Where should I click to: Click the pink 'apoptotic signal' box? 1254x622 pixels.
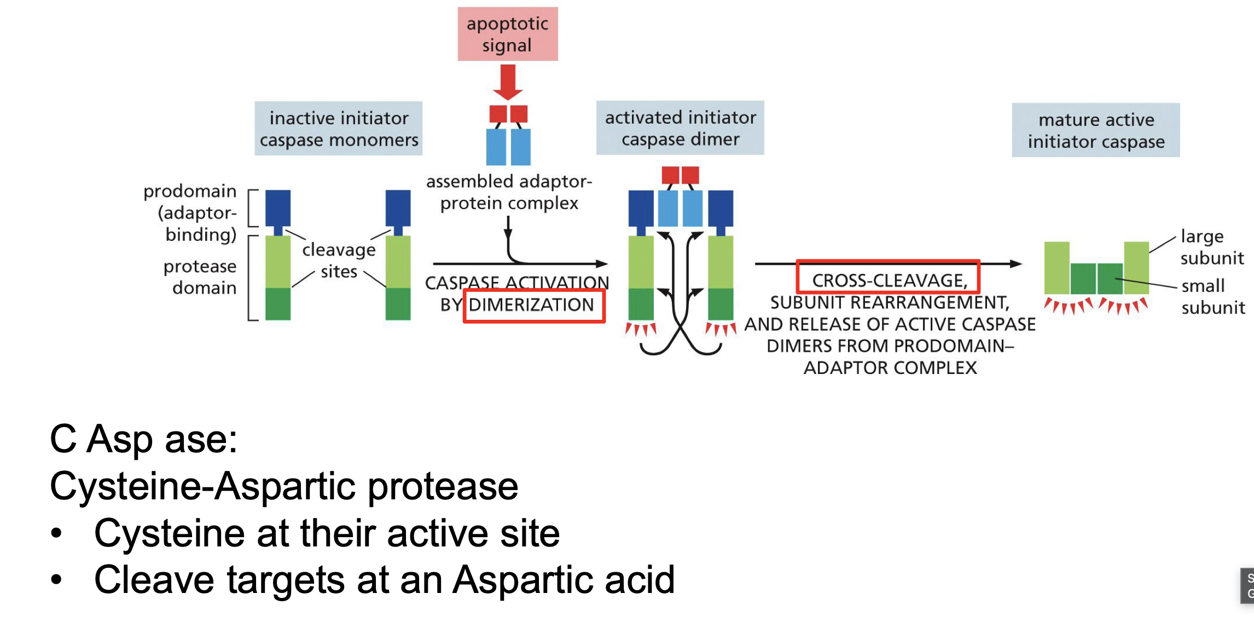[507, 34]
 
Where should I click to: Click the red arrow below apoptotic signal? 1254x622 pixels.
[508, 82]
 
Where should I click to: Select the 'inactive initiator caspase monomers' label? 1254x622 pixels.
[339, 129]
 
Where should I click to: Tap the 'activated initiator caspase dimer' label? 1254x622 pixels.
[680, 128]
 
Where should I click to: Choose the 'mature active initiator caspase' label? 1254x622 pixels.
[1096, 130]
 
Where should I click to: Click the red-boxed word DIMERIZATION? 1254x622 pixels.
[531, 305]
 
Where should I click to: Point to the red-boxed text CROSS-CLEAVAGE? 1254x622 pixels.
[889, 280]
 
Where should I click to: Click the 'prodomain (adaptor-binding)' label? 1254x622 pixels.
[191, 212]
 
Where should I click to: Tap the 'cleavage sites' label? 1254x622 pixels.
[339, 260]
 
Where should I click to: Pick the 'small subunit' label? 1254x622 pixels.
[1212, 296]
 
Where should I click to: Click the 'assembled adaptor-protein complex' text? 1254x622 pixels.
[509, 192]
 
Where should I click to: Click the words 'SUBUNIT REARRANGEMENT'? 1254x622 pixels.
[890, 302]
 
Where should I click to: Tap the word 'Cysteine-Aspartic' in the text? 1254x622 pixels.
[202, 486]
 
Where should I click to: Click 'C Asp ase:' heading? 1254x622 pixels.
[144, 439]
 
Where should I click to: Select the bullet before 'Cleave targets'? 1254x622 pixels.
[56, 579]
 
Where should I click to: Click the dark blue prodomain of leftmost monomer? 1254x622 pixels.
[278, 208]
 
